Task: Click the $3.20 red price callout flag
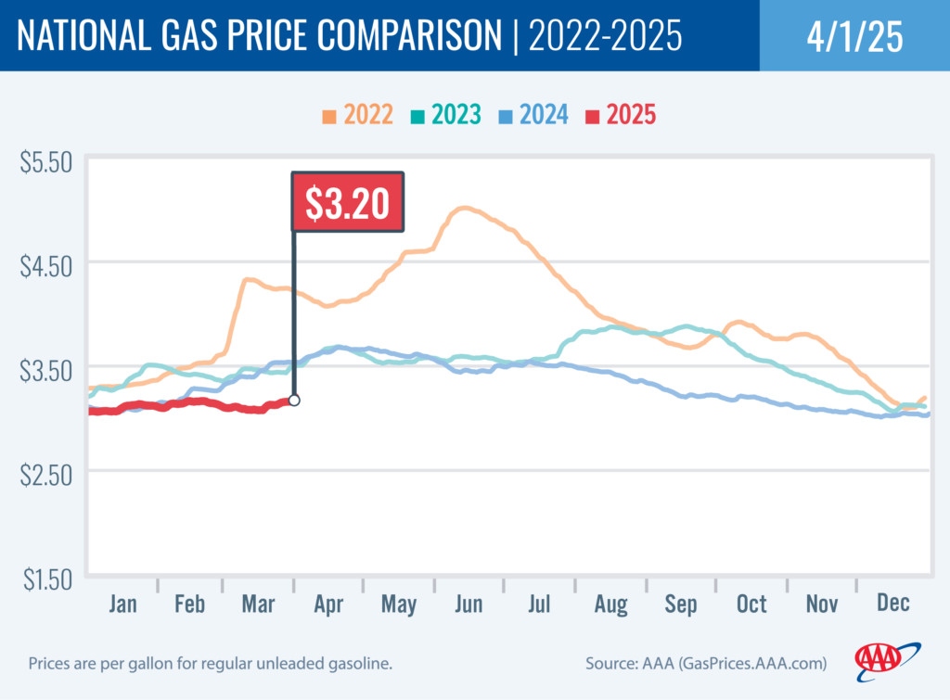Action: point(348,201)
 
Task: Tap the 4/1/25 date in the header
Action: point(854,36)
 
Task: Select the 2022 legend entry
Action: point(358,116)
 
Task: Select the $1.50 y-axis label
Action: point(45,580)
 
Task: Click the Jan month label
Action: point(122,605)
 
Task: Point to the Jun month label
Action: point(469,605)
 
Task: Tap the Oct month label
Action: point(751,605)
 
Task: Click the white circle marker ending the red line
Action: point(294,401)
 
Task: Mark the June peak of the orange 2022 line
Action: point(464,209)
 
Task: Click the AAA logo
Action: point(886,659)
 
